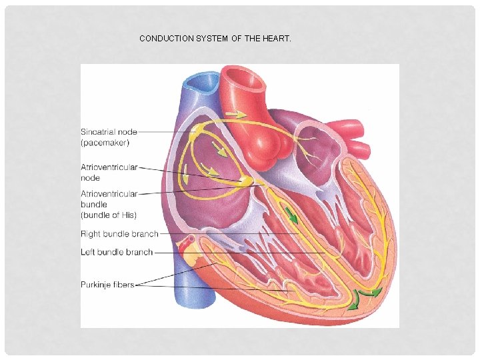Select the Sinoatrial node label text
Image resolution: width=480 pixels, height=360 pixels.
(x=109, y=131)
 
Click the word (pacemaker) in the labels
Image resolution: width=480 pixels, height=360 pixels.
(x=105, y=142)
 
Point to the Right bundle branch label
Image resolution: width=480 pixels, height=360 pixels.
(x=119, y=234)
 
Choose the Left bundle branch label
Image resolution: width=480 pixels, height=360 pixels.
(x=117, y=252)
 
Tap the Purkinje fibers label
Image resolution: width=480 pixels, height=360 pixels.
(x=107, y=285)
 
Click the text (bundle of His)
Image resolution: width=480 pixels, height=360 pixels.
(x=109, y=215)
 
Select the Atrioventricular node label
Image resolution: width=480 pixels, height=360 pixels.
(x=109, y=173)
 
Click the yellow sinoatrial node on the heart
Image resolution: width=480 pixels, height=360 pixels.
(x=193, y=135)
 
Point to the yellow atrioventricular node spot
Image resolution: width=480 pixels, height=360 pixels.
(x=247, y=181)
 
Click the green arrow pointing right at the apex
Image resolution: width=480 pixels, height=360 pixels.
(x=375, y=292)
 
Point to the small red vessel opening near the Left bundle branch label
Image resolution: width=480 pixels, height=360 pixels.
(x=189, y=239)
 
